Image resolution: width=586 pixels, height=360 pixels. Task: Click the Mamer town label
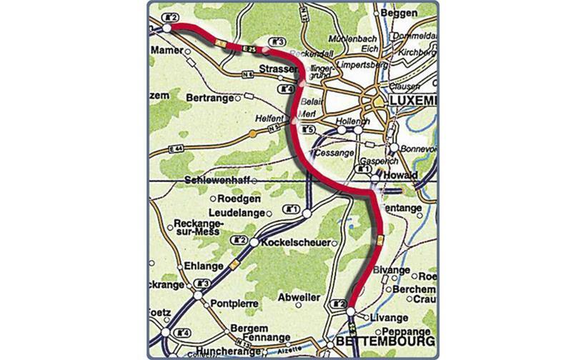tap(167, 52)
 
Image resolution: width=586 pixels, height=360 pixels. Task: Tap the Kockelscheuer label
tap(296, 243)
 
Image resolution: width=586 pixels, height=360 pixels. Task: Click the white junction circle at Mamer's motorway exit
tap(167, 28)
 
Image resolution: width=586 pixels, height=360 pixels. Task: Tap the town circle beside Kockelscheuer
tap(254, 244)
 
